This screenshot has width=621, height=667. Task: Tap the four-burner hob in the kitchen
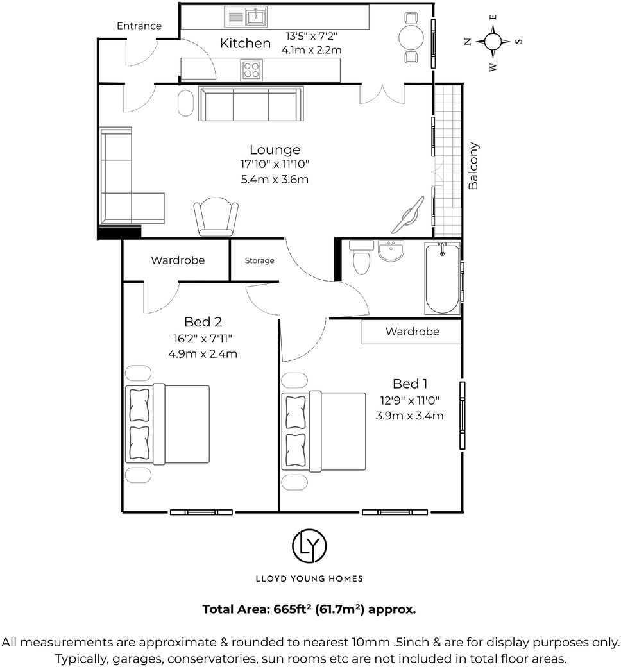251,69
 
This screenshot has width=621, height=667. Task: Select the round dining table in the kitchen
411,38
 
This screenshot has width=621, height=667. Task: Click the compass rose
493,42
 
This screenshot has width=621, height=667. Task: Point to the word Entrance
139,26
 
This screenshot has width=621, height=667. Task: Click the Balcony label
473,165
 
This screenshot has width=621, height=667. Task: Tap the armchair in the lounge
216,217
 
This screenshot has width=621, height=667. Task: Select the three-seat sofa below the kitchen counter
251,104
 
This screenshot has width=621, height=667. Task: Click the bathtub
443,278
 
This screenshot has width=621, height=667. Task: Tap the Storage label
259,261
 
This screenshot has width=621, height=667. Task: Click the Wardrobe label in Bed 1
412,332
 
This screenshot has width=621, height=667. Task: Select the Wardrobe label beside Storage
178,260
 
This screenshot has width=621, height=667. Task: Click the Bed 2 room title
203,321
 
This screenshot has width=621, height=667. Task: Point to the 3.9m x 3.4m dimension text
409,416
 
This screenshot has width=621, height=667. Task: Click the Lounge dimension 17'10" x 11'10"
275,165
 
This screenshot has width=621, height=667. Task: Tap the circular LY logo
310,545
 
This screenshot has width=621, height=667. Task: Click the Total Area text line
309,609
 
